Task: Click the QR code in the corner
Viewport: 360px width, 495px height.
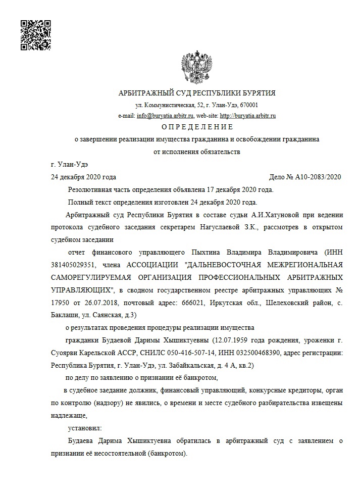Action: pyautogui.click(x=35, y=35)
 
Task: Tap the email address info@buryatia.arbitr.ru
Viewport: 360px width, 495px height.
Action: pyautogui.click(x=162, y=116)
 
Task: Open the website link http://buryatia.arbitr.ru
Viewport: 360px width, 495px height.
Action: pyautogui.click(x=247, y=116)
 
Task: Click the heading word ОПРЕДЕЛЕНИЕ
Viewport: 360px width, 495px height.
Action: pyautogui.click(x=197, y=127)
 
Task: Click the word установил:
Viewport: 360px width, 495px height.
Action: pyautogui.click(x=84, y=428)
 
